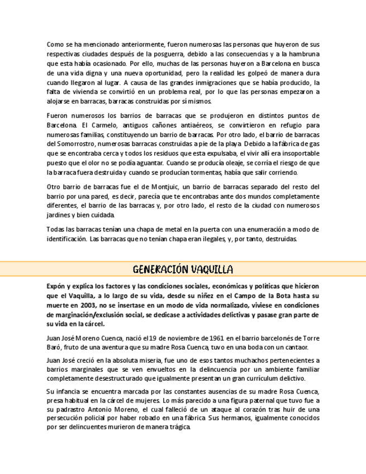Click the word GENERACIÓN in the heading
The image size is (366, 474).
tap(158, 269)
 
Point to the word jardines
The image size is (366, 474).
tap(60, 215)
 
